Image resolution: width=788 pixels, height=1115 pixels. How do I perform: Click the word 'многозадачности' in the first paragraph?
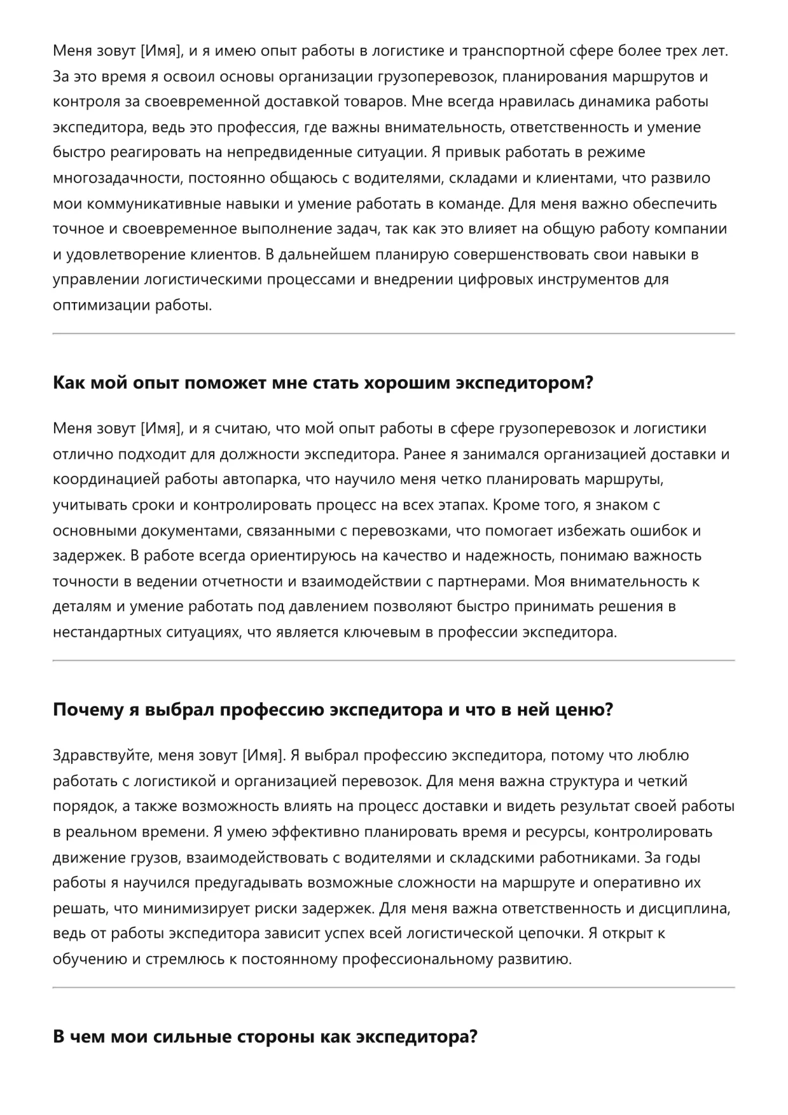pyautogui.click(x=118, y=178)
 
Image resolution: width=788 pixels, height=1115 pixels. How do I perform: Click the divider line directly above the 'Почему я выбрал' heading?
pyautogui.click(x=394, y=661)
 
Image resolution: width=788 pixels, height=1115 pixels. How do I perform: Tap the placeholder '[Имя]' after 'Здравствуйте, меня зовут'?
pyautogui.click(x=262, y=756)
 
